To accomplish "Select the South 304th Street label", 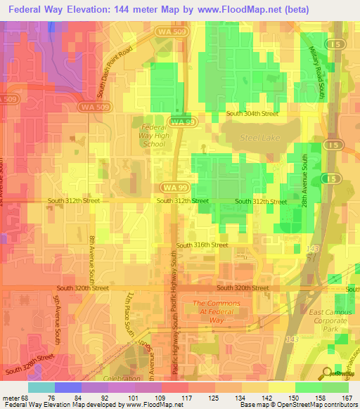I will [252, 113].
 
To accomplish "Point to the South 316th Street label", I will [202, 245].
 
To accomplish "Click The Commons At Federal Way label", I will [217, 311].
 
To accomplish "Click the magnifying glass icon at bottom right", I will [328, 372].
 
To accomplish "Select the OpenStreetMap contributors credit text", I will [321, 405].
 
